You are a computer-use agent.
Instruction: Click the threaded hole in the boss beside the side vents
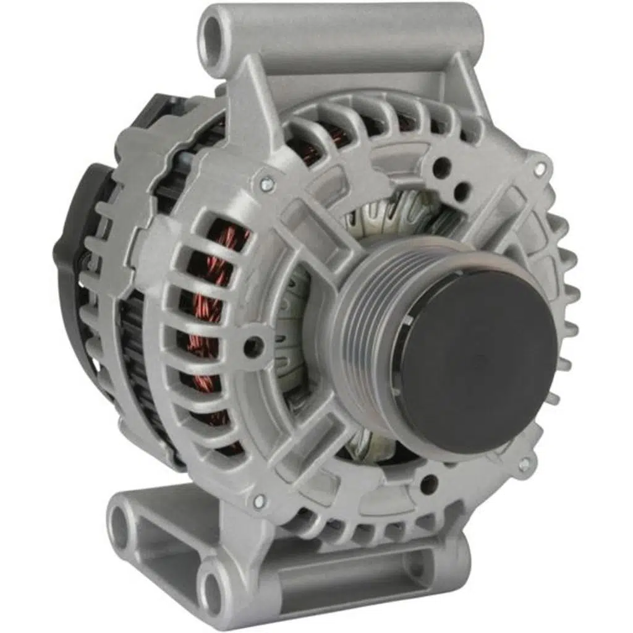(253, 347)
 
